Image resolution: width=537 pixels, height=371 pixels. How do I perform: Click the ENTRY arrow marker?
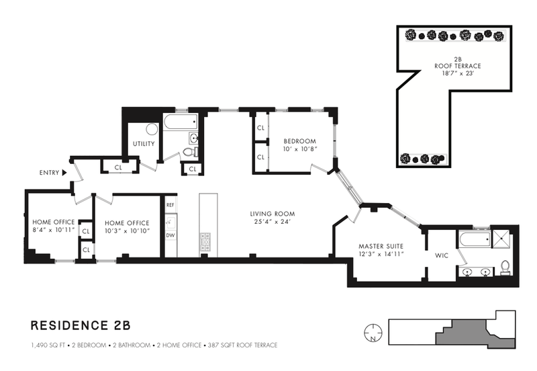coord(64,173)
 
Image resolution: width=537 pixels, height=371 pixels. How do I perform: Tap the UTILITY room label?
coord(144,144)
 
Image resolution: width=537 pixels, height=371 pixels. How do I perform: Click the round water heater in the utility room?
coord(152,129)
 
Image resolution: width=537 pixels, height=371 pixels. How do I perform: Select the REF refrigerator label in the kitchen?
coord(170,205)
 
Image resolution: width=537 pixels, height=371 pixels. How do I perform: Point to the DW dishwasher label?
coord(170,235)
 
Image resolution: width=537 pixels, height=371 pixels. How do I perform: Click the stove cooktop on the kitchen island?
coord(205,239)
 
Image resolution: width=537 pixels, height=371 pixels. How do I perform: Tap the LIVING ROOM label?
coord(273,214)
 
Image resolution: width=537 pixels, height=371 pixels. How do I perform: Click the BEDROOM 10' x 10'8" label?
coord(300,145)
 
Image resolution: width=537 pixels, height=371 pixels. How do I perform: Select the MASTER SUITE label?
coord(381,246)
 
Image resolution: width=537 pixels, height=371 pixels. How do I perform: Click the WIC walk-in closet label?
coord(442,255)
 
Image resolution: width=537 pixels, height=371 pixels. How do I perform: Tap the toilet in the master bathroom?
coord(505,267)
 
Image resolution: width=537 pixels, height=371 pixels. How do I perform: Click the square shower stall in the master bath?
coord(499,239)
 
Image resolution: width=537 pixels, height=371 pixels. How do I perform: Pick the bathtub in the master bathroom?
coord(475,239)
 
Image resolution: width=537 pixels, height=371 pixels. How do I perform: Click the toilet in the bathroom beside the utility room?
coord(190,151)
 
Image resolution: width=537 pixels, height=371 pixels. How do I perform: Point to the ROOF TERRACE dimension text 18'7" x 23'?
coord(457,73)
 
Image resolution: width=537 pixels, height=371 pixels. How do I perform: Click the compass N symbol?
coord(373,332)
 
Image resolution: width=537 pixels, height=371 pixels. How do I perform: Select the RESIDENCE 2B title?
coord(81,325)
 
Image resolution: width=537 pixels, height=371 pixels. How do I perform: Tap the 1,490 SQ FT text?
coord(48,345)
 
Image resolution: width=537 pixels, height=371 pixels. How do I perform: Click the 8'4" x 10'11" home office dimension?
coord(54,230)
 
